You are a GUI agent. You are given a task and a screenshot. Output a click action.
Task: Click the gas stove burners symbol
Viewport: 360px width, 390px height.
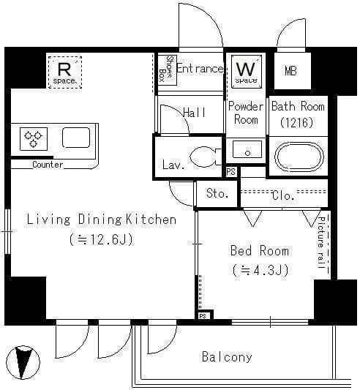(34, 139)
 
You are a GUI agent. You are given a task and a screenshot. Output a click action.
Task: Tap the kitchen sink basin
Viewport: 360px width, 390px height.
(76, 138)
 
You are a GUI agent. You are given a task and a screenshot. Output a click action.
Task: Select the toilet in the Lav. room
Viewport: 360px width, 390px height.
(206, 157)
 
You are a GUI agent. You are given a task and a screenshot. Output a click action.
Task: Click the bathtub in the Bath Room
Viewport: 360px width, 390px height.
(299, 157)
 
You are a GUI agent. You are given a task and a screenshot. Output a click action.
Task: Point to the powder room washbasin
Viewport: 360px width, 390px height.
(247, 149)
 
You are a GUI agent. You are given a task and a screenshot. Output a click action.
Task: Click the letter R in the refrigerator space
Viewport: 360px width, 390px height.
(64, 70)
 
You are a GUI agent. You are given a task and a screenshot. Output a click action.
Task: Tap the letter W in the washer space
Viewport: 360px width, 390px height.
(246, 69)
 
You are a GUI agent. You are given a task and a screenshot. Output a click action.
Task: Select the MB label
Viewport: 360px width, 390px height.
(290, 71)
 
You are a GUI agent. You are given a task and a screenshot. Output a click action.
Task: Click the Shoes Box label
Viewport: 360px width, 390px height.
(166, 69)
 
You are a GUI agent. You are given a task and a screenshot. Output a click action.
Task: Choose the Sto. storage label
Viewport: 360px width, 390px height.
(217, 193)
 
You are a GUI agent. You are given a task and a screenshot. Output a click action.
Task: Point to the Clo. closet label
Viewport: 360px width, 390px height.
(283, 195)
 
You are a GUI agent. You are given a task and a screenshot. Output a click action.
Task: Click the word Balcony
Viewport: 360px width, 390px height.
(227, 357)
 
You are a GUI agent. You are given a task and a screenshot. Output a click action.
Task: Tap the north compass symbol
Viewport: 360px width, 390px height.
(23, 362)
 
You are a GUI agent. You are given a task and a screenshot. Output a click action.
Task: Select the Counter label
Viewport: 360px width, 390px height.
(48, 165)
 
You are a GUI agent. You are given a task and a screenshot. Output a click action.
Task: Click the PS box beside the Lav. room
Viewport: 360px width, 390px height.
(231, 172)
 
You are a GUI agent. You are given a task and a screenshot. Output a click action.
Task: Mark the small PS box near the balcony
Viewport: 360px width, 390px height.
(203, 316)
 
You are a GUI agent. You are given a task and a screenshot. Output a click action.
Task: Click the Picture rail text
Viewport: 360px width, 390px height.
(321, 242)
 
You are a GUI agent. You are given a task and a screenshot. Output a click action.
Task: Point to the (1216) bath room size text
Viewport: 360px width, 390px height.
(296, 122)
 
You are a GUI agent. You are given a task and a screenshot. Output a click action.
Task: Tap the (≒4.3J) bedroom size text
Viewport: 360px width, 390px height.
(260, 270)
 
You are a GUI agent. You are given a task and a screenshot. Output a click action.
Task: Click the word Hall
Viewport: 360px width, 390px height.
(194, 113)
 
